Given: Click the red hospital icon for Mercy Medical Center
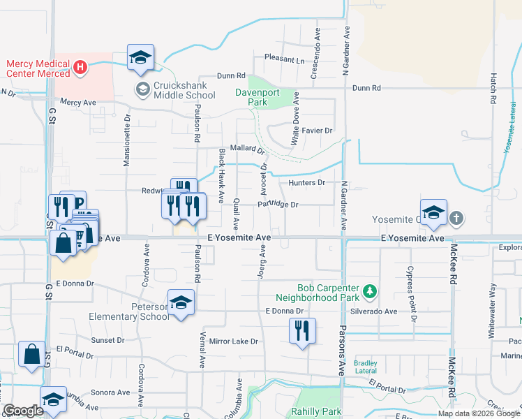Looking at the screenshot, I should click(80, 68).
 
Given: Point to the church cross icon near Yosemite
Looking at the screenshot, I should click(456, 219).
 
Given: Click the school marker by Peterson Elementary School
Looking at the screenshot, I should click(181, 302).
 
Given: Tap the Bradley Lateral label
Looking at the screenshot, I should click(366, 367).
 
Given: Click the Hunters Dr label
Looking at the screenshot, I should click(306, 182).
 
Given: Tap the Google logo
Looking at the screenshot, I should click(23, 411).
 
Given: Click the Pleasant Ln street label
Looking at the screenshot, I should click(284, 60).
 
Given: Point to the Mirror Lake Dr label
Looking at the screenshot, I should click(234, 341).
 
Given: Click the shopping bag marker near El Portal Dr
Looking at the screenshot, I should click(32, 354).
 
